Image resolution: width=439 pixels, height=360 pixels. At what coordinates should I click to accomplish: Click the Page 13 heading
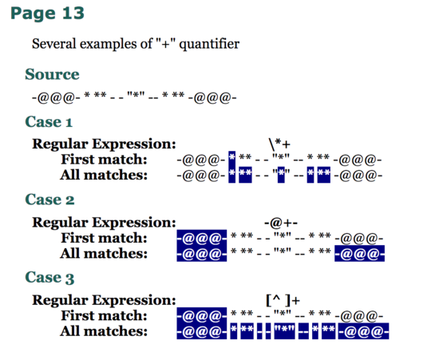(x=47, y=14)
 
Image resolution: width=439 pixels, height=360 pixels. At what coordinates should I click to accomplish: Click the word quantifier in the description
(x=209, y=44)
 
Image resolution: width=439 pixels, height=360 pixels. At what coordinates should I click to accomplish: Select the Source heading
(x=53, y=74)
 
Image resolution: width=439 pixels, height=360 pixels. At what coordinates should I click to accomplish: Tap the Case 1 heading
(x=49, y=122)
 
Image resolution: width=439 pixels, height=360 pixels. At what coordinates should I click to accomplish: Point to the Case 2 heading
(x=49, y=200)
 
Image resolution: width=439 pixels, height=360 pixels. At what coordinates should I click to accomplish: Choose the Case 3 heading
(x=49, y=278)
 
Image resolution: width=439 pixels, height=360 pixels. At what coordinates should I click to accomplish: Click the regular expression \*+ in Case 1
(x=279, y=144)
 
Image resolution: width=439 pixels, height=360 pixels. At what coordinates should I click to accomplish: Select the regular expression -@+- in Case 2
(x=281, y=223)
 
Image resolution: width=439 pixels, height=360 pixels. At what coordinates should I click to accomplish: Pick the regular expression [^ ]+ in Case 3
(x=283, y=300)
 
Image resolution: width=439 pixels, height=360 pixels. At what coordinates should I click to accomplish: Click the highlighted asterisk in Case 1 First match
(x=231, y=159)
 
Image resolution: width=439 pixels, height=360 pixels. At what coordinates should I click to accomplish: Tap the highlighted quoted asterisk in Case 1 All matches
(x=281, y=175)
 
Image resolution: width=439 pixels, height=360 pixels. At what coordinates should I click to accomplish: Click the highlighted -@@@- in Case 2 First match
(x=202, y=238)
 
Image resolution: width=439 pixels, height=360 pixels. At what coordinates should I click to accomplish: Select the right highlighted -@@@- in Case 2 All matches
(x=359, y=253)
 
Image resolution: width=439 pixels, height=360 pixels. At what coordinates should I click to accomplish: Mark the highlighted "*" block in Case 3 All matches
(x=284, y=331)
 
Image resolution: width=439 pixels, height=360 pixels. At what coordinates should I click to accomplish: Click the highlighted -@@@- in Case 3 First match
(x=202, y=315)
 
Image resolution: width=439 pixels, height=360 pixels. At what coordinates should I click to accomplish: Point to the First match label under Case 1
(x=104, y=160)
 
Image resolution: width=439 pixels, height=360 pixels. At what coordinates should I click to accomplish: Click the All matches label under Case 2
(x=104, y=253)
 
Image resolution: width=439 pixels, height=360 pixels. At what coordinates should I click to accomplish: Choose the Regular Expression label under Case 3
(x=104, y=300)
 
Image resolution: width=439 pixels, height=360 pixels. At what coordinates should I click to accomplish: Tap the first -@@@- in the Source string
(x=56, y=98)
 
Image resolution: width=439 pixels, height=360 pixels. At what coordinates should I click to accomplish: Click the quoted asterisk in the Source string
(x=136, y=95)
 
